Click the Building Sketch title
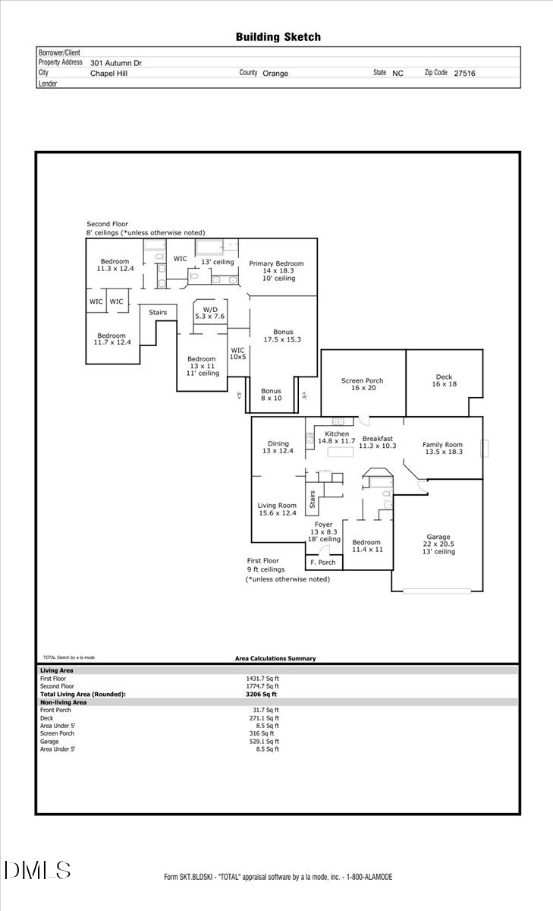[x=278, y=36]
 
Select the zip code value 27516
[x=464, y=74]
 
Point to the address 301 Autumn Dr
[x=116, y=64]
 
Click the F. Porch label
[x=323, y=563]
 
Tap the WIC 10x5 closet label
[x=238, y=353]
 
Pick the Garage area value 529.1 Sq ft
[x=262, y=742]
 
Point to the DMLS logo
[x=37, y=870]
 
